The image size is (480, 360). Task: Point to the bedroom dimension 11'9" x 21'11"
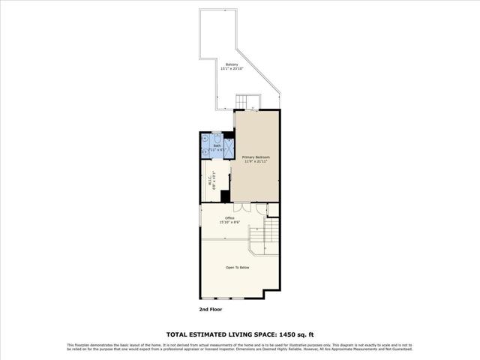[x=255, y=161]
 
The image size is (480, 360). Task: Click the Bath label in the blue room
[x=217, y=145]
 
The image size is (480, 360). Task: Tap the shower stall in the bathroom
[x=228, y=147]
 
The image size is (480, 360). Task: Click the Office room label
[x=229, y=218]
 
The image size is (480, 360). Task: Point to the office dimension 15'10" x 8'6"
[x=229, y=223]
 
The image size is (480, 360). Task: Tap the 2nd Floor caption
[x=211, y=309]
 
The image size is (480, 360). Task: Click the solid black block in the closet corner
[x=225, y=197]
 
